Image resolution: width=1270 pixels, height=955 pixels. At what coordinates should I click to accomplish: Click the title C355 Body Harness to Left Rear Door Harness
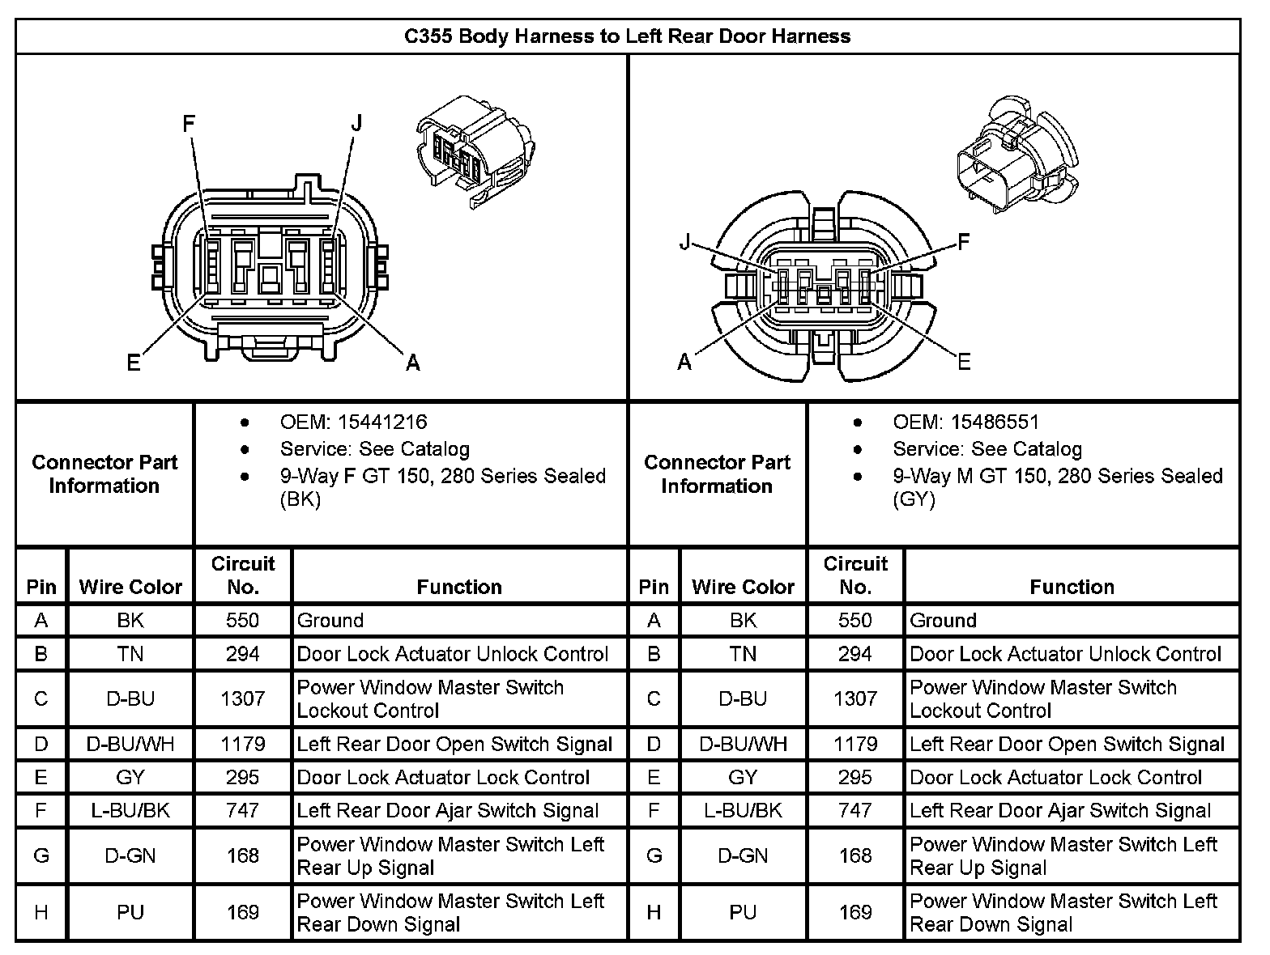tap(627, 36)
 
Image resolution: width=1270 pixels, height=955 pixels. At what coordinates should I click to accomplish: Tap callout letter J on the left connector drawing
tap(356, 124)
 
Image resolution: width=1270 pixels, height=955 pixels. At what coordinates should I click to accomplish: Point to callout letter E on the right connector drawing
tap(963, 361)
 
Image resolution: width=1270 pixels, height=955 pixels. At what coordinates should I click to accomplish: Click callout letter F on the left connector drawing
tap(189, 124)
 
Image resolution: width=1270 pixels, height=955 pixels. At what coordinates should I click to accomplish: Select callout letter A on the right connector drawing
tap(685, 362)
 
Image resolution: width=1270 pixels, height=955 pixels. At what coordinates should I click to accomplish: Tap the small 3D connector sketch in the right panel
tap(1016, 158)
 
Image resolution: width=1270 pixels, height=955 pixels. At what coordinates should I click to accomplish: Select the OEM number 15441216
tap(382, 422)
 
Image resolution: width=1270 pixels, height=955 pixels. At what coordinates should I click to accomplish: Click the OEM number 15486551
tap(995, 422)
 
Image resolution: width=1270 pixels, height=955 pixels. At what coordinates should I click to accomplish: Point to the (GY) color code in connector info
tap(914, 499)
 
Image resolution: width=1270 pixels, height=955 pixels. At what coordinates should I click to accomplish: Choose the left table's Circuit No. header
tap(243, 575)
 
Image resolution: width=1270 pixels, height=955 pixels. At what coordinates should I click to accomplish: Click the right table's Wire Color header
tap(743, 587)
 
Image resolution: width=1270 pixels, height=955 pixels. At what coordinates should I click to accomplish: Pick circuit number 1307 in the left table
tap(243, 698)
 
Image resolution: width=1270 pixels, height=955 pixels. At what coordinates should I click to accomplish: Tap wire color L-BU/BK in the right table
tap(743, 810)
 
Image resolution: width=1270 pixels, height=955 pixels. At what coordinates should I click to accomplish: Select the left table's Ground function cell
tap(330, 621)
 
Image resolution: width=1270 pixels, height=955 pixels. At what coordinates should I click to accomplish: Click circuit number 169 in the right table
tap(855, 912)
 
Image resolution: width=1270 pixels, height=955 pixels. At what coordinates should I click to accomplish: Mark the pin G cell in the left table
tap(41, 855)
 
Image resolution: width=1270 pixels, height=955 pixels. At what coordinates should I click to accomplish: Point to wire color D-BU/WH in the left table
tap(130, 744)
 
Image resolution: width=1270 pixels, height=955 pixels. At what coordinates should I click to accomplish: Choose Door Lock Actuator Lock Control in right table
tap(1055, 778)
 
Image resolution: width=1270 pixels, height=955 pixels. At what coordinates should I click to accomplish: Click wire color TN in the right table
tap(743, 654)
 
